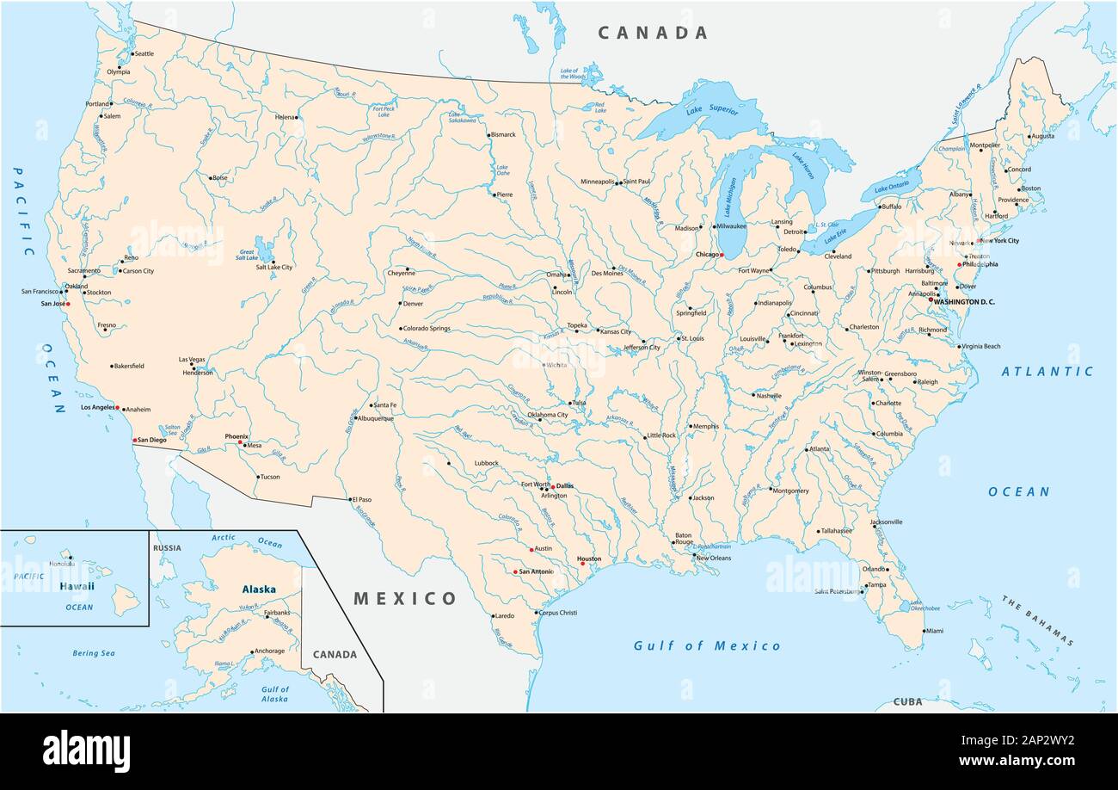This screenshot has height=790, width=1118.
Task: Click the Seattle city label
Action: coord(144,53)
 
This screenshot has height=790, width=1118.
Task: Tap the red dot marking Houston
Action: coord(582,564)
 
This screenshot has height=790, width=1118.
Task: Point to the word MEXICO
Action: coord(405,598)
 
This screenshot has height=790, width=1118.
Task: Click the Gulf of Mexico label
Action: coord(707,645)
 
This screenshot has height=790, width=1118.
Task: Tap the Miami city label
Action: coord(934,631)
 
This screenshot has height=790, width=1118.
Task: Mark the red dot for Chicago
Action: coord(722,256)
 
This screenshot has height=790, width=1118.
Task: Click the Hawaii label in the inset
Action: coord(76,586)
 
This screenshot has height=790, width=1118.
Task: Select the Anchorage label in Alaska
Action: coord(269,651)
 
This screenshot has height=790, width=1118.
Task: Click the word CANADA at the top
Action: coord(653,33)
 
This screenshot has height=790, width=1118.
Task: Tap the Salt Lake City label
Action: coord(274,268)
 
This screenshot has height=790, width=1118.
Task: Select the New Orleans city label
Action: coord(713,558)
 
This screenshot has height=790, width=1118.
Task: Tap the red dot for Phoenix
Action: coord(240,442)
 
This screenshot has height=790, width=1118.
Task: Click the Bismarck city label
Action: coord(503,134)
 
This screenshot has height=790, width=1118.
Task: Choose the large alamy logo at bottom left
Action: coord(86,750)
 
